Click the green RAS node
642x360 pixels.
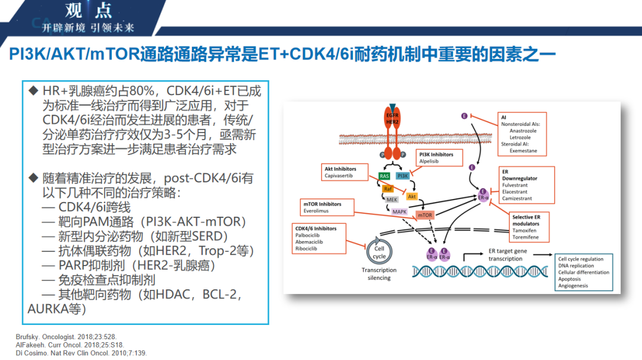(x=385, y=176)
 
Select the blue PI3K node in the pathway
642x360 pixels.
(x=402, y=176)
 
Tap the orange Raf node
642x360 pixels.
(x=388, y=188)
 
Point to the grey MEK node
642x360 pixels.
(x=392, y=200)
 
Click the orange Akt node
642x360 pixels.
(x=412, y=196)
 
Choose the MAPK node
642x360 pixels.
(x=399, y=211)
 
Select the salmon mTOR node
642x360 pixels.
(x=424, y=215)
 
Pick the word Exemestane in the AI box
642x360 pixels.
(x=524, y=151)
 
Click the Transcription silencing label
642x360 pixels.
(x=379, y=274)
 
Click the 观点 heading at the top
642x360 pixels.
(x=88, y=11)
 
